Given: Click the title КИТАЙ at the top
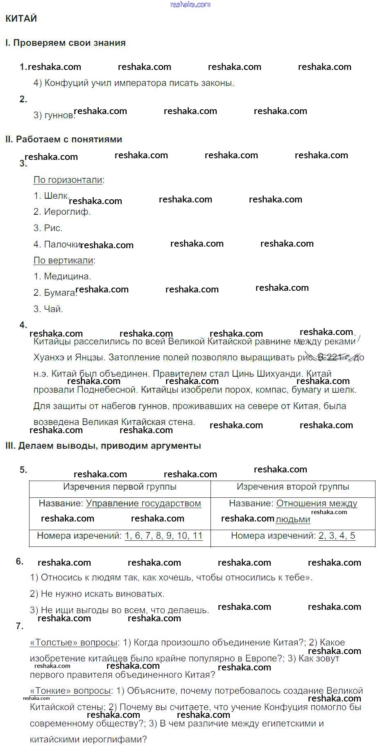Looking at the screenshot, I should pos(21,18).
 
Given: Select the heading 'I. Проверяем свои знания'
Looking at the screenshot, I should pos(66,43).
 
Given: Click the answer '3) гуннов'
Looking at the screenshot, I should pos(54,115).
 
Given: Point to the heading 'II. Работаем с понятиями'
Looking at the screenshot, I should pos(64,139).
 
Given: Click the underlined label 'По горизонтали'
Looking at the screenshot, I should pos(68,180).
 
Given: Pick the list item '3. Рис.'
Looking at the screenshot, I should pos(48,228).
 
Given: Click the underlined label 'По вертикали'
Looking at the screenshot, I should pos(63,261).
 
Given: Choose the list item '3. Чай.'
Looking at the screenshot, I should pos(48,309).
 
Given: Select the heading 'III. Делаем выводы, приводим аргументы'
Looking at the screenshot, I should pos(103,446).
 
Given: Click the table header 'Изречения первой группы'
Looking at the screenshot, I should pos(120,487).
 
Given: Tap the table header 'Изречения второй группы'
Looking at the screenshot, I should pos(293,487).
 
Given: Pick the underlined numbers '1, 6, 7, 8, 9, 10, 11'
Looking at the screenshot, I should pos(164,536).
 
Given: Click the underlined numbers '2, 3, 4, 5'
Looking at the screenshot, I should pos(337,536).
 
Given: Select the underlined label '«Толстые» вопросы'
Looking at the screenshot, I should pos(74,643).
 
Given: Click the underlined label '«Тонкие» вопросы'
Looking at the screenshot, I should pos(70,691).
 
